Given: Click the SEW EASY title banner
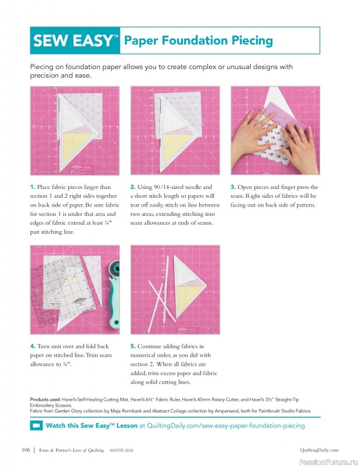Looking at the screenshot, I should pyautogui.click(x=75, y=40).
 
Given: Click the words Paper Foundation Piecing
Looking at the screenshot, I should pyautogui.click(x=198, y=40).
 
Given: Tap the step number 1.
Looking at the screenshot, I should pyautogui.click(x=33, y=187).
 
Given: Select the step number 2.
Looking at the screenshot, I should pyautogui.click(x=133, y=187).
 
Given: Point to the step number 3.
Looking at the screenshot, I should pyautogui.click(x=233, y=187).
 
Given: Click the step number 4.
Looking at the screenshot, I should pyautogui.click(x=33, y=346).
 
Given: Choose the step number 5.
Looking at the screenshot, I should pyautogui.click(x=133, y=346).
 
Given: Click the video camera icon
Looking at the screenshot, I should pyautogui.click(x=36, y=425).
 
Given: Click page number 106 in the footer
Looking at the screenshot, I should pyautogui.click(x=25, y=450).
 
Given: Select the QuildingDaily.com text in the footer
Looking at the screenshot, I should pyautogui.click(x=319, y=450).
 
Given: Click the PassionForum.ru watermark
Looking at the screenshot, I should pyautogui.click(x=331, y=461).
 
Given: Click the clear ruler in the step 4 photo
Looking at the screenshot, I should pyautogui.click(x=50, y=281).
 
